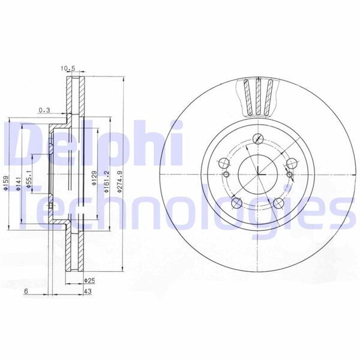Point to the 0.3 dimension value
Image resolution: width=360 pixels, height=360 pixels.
click(x=44, y=110)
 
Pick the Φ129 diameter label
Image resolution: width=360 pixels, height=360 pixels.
click(x=94, y=177)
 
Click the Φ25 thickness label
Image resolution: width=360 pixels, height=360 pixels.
click(x=91, y=280)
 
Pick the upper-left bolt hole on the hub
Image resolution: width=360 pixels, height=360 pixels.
click(x=223, y=162)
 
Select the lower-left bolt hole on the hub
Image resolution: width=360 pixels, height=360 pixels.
click(x=236, y=203)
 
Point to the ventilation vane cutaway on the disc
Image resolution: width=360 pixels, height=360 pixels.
click(x=259, y=98)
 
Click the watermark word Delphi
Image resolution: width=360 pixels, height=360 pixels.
click(x=90, y=144)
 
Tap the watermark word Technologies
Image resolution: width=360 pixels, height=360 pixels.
click(x=180, y=210)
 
